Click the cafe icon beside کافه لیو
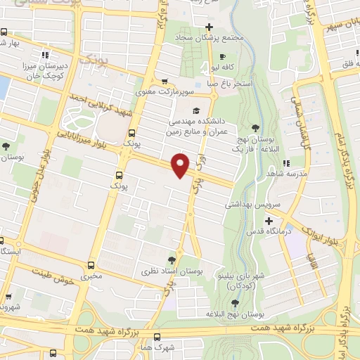pos(222,57)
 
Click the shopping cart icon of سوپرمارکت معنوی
pos(165,82)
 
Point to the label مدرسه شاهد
pos(285,172)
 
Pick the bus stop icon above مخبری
pos(91,265)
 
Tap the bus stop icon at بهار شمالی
pos(5,32)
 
